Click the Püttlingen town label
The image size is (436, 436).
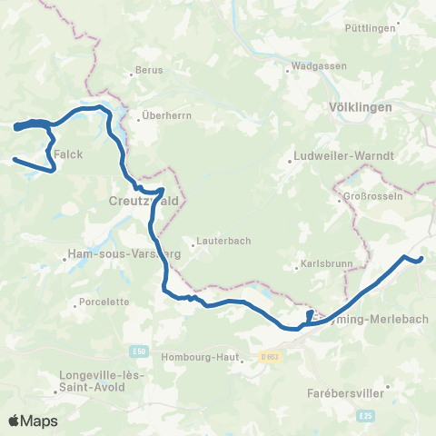point(371,29)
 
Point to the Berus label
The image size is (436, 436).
point(148,70)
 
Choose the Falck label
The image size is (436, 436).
point(68,154)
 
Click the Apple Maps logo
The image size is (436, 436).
point(33,421)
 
